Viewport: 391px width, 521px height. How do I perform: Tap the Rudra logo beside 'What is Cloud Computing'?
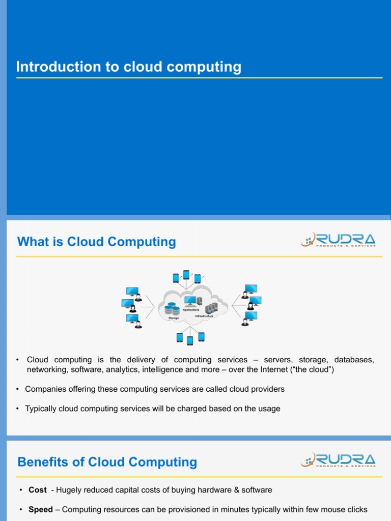338,240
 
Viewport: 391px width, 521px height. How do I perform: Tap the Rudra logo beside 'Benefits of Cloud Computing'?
338,460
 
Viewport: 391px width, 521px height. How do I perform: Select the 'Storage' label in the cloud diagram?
174,319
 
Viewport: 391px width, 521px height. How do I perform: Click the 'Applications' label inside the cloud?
191,310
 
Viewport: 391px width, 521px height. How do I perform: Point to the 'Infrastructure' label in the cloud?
204,316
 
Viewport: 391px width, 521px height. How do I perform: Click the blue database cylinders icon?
172,308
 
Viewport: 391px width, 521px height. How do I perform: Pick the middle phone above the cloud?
186,275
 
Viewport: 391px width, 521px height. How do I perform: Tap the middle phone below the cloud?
190,340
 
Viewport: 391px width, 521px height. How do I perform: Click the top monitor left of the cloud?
132,292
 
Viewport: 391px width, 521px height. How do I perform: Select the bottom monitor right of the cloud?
251,316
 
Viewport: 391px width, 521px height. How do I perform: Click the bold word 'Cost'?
38,490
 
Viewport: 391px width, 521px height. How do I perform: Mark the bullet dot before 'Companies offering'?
18,389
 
